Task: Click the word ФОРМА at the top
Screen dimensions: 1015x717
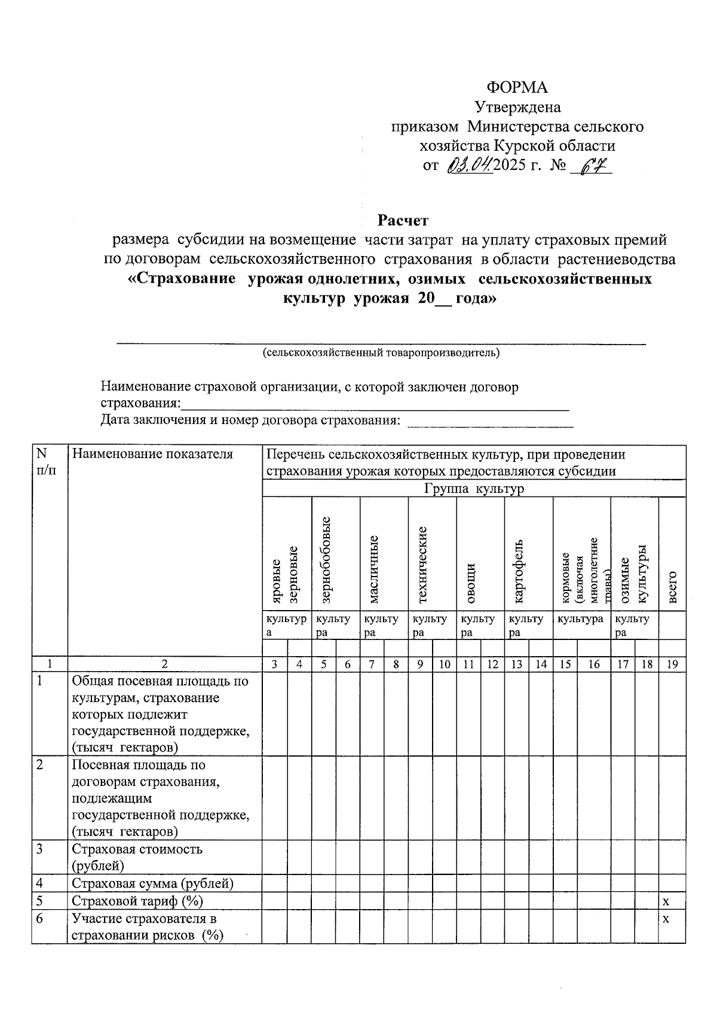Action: tap(517, 87)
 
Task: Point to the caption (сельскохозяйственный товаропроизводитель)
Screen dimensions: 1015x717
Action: tap(381, 352)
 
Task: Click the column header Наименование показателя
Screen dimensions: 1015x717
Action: tap(152, 454)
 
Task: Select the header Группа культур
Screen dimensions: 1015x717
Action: tap(474, 489)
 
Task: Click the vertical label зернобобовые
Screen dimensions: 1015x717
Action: tap(326, 559)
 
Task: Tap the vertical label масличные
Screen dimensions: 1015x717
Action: tap(374, 568)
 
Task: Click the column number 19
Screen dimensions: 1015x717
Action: tap(672, 664)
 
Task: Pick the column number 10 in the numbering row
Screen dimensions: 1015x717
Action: tap(445, 664)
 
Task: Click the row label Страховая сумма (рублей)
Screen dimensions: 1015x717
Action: tap(152, 883)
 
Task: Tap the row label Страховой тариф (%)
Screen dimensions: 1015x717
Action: tap(137, 901)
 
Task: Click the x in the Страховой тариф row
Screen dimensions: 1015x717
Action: tap(666, 901)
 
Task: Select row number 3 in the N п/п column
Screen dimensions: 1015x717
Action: tap(39, 849)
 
